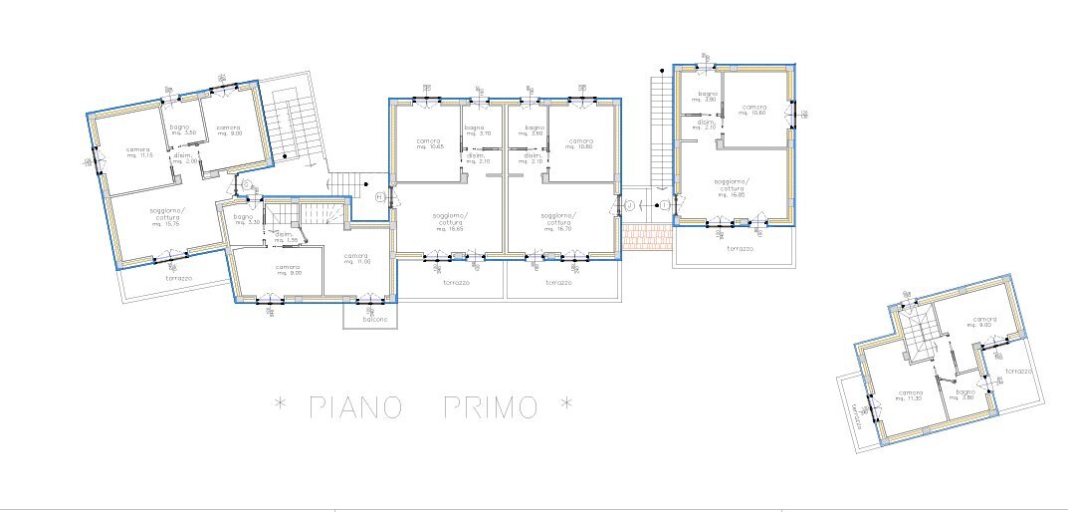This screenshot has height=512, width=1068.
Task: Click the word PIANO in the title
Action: point(355,406)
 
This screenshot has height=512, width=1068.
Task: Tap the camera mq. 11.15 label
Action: point(138,152)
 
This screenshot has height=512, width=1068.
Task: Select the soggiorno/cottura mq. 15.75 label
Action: point(165,217)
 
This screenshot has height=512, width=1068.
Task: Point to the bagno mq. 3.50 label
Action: point(179,129)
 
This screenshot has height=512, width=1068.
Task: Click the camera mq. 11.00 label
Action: point(356,258)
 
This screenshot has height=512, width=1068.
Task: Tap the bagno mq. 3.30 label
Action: point(244,219)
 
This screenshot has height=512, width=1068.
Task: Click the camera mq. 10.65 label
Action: point(428,143)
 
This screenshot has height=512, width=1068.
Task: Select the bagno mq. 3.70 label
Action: point(475,131)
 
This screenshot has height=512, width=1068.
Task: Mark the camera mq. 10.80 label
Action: point(581,143)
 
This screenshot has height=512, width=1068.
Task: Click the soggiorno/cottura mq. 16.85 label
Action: point(733,188)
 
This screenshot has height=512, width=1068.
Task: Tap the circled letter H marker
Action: point(379,197)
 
